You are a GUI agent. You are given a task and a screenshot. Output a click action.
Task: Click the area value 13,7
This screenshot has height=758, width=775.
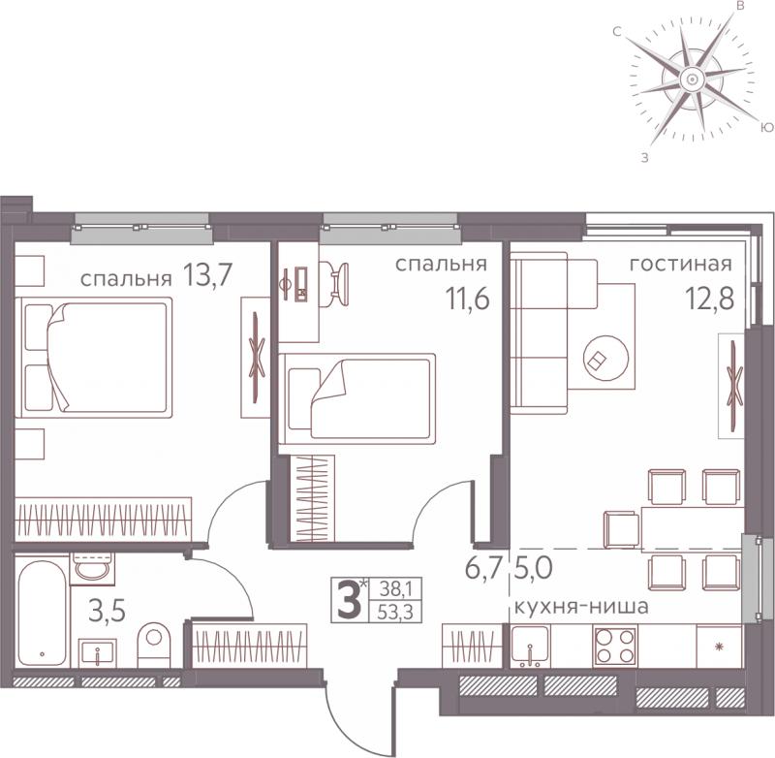[207, 275]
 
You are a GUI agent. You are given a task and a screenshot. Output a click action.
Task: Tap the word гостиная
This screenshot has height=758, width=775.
[681, 264]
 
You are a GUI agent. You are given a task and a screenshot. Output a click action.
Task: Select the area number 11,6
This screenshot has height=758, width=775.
[468, 299]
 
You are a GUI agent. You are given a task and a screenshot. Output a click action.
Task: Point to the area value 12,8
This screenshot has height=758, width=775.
[709, 298]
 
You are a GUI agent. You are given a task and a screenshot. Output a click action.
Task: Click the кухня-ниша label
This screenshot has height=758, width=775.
[581, 606]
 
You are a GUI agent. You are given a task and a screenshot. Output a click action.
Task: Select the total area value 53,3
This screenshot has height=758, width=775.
[395, 613]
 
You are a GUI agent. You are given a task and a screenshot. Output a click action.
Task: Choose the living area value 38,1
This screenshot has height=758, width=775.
[395, 589]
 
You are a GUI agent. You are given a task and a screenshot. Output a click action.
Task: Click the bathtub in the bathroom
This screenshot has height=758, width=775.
[42, 614]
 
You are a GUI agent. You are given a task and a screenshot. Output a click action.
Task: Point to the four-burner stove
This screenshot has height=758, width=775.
[615, 646]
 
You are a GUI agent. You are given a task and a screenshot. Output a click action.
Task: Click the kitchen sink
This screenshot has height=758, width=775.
[530, 645]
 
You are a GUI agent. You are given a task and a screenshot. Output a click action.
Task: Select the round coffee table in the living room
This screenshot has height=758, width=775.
[606, 359]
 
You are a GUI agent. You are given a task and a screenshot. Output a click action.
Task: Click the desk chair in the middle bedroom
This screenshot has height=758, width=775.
[338, 281]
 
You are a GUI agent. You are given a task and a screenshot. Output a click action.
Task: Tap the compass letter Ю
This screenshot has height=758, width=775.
[766, 128]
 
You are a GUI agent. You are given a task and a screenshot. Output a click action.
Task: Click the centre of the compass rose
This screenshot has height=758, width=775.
[692, 79]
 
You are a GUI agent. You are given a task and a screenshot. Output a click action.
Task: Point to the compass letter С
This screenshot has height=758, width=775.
[617, 32]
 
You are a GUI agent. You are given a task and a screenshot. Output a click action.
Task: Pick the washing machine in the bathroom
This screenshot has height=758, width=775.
[92, 568]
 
